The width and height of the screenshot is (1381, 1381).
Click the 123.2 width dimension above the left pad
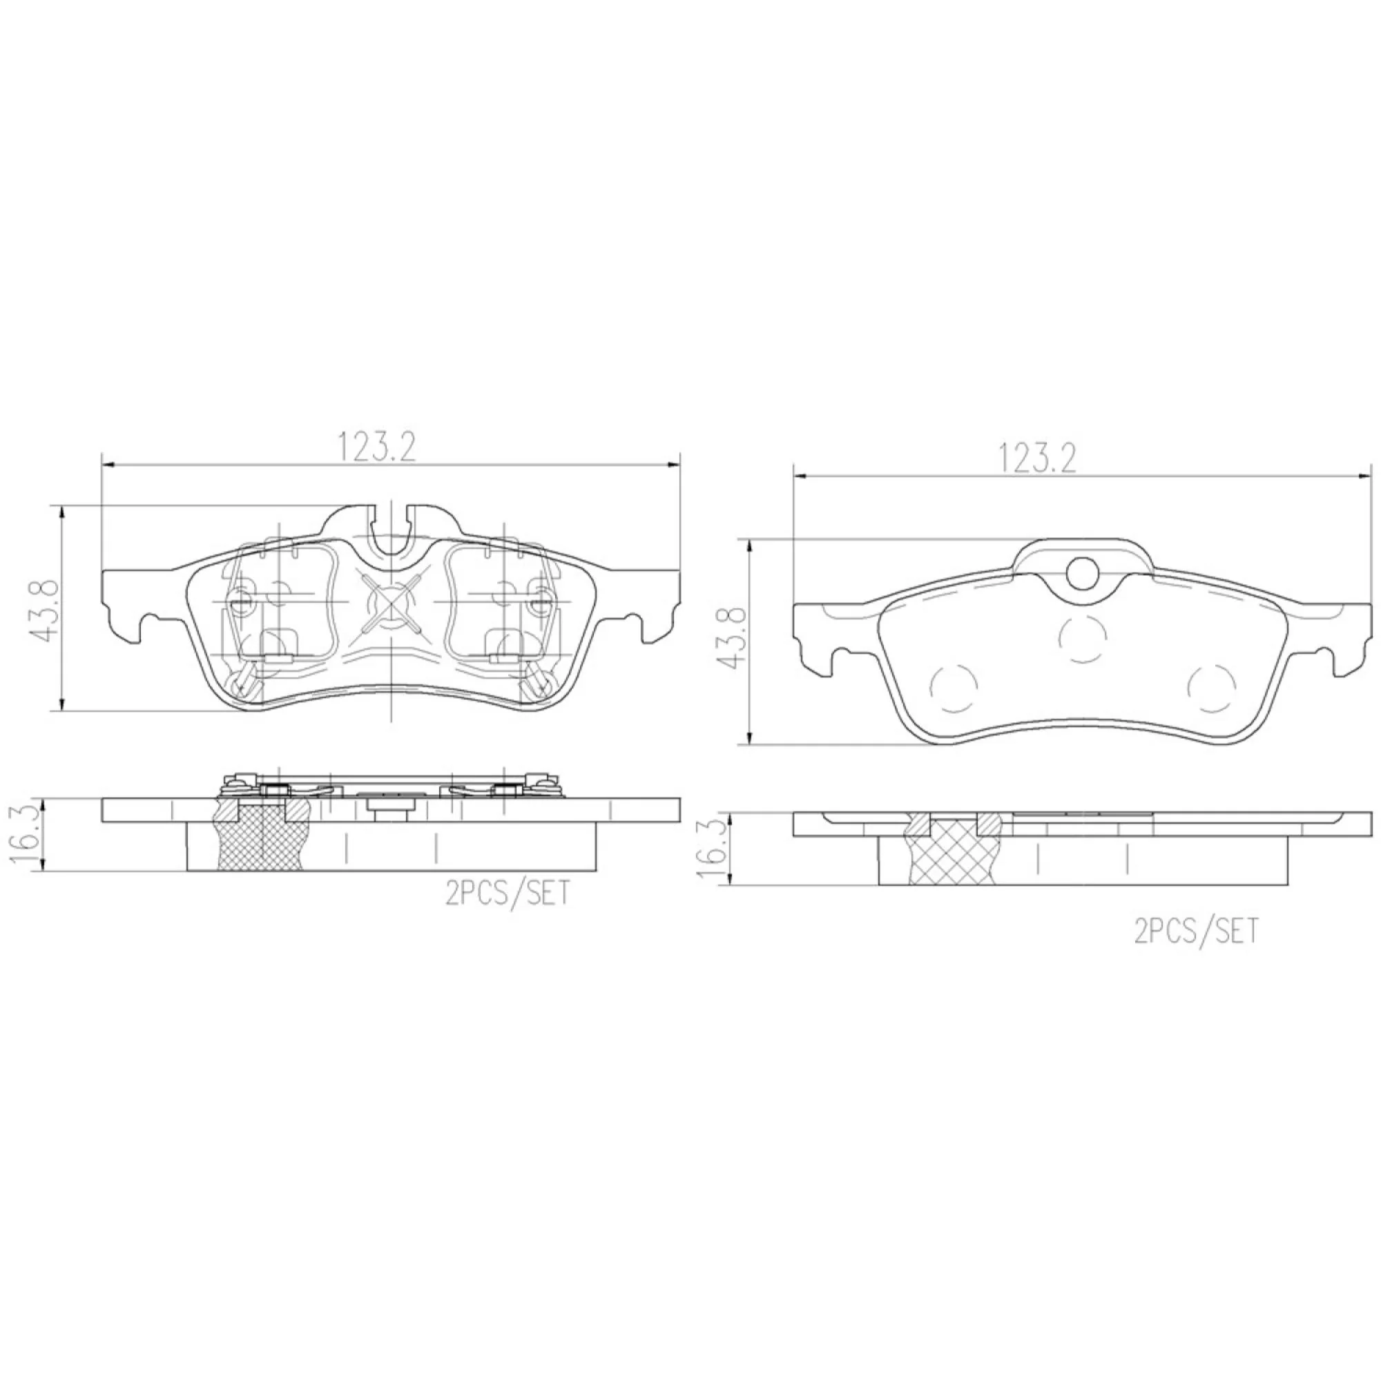(377, 447)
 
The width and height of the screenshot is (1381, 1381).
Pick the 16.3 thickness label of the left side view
(28, 834)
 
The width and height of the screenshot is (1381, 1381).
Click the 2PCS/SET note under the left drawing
(508, 893)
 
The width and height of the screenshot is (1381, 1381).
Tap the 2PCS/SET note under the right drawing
(1195, 932)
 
